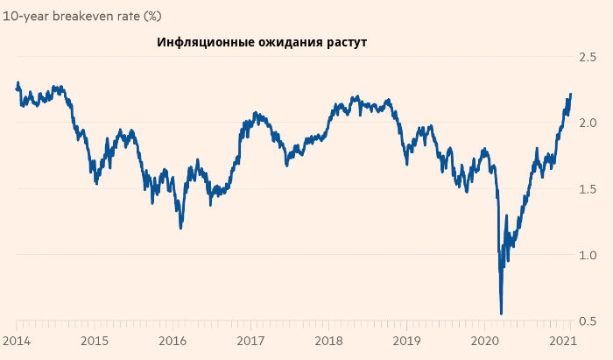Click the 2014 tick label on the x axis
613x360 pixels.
[x=17, y=341]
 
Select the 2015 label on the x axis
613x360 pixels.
[x=95, y=341]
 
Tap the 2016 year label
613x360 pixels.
[x=173, y=341]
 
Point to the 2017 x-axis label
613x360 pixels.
[x=250, y=341]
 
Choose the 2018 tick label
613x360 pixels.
[x=328, y=341]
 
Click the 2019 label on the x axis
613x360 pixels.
[x=406, y=341]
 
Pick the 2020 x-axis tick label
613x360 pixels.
[x=484, y=341]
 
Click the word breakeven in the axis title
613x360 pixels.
[x=95, y=15]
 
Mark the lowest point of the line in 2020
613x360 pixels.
[x=501, y=313]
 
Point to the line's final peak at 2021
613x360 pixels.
[x=571, y=94]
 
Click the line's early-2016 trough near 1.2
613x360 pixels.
[x=181, y=228]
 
